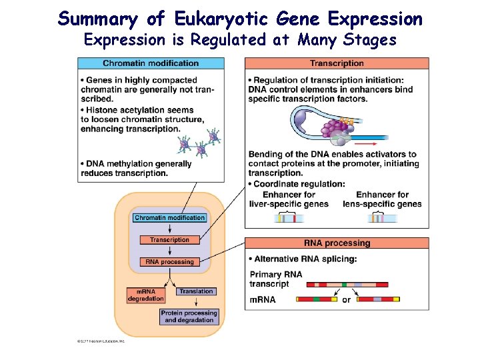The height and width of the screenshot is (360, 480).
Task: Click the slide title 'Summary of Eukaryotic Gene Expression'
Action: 240,18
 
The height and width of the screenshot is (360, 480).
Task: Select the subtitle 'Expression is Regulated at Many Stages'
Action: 240,40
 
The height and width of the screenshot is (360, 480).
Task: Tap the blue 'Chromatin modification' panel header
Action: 151,63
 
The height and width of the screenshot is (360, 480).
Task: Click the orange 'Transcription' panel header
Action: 337,63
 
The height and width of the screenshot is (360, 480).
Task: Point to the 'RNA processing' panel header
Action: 337,243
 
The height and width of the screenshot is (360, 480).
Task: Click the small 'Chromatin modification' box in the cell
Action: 169,218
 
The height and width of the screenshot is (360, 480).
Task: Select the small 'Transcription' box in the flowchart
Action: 169,240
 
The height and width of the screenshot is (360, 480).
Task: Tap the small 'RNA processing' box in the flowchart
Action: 169,262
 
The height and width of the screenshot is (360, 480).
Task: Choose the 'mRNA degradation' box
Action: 145,295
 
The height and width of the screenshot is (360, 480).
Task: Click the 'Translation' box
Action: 196,291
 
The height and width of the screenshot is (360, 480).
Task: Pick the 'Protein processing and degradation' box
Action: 189,317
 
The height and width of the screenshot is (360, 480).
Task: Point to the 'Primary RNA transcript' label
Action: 275,279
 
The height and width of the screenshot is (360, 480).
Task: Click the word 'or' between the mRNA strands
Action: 346,300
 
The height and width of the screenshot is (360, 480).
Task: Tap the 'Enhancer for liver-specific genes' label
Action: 289,199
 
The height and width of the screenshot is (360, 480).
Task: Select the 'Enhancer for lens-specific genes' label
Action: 382,199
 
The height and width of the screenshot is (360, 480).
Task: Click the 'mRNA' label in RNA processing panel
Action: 263,300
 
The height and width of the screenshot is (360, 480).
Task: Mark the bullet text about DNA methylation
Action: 137,169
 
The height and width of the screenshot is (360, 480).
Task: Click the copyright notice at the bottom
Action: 100,341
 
